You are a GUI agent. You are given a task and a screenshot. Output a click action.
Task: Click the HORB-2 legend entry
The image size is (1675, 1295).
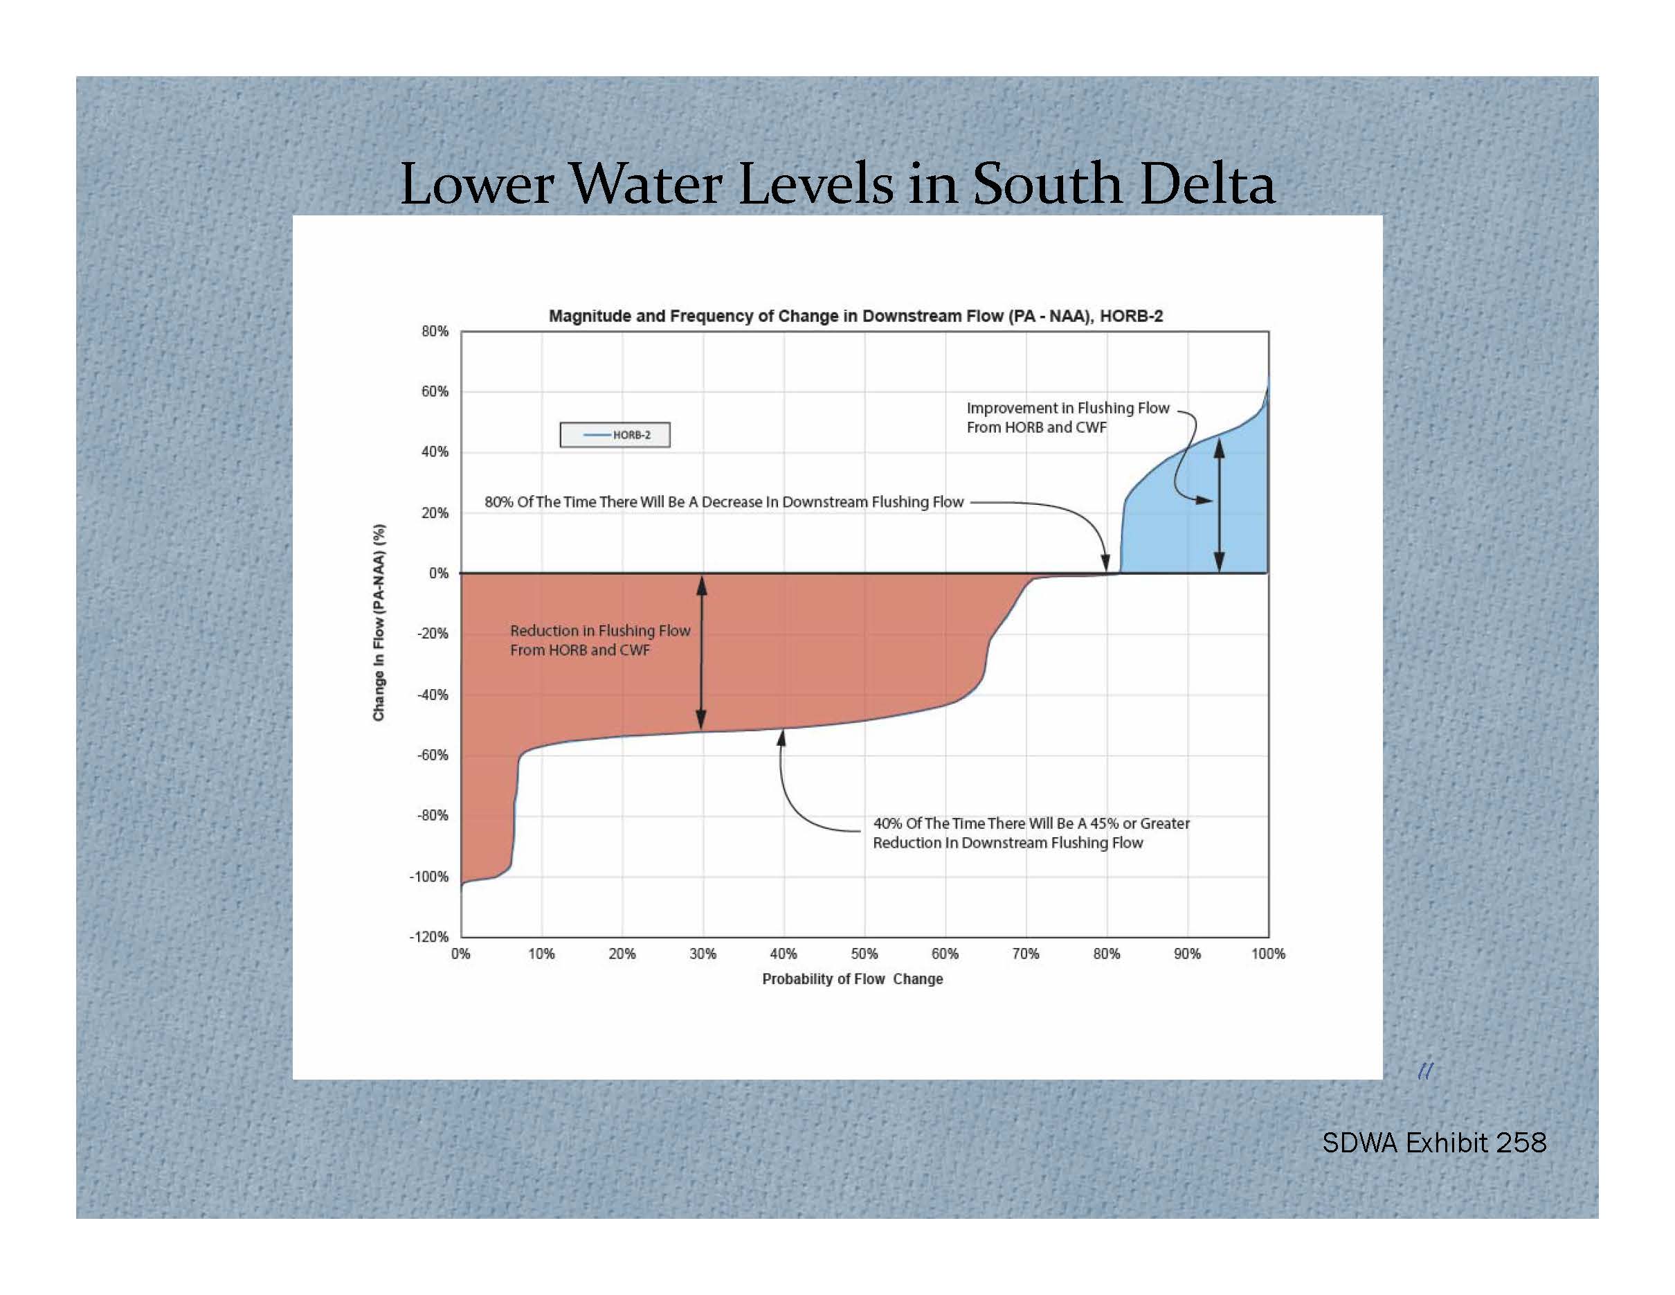[615, 435]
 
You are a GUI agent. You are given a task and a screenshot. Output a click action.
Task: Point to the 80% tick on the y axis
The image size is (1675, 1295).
[435, 332]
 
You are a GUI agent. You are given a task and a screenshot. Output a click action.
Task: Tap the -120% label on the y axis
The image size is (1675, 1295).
[430, 937]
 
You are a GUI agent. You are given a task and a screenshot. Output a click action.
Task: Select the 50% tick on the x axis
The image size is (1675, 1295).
[864, 954]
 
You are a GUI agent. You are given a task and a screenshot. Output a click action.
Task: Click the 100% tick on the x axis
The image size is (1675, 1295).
[1268, 954]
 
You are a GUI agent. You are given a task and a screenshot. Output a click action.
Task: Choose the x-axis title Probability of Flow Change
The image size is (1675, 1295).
[852, 979]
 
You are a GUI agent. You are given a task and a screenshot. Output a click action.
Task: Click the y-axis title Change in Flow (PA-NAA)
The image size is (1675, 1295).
[379, 622]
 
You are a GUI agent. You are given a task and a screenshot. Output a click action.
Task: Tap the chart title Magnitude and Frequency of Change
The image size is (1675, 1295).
[855, 316]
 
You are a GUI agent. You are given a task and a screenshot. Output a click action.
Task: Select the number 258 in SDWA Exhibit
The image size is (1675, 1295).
[1521, 1143]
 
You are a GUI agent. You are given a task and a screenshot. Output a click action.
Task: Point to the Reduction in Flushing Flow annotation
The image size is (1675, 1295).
[600, 640]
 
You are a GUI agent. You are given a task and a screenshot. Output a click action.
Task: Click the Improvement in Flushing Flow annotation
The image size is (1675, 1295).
[1067, 418]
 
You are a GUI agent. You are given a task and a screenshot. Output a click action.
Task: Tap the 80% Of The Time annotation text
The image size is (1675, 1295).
[723, 502]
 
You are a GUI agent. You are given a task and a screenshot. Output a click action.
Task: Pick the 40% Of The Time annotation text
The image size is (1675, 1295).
[1031, 832]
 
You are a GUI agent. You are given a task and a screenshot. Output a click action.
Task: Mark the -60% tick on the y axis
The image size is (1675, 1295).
[433, 755]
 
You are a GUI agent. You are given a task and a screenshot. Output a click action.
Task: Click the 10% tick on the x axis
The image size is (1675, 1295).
[541, 954]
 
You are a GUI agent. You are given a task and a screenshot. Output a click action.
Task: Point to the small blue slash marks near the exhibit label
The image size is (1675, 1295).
[1425, 1071]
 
